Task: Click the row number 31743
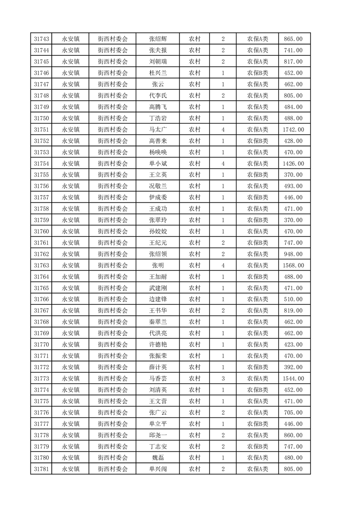pos(41,39)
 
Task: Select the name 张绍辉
pos(158,39)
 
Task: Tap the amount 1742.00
pos(293,129)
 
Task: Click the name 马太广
pos(158,129)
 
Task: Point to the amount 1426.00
pos(293,163)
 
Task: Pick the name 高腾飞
pos(158,107)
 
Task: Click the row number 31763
pos(41,265)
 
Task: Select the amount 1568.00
pos(293,265)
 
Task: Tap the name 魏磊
pos(158,458)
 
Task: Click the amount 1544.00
pos(293,378)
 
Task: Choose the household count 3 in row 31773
pos(223,378)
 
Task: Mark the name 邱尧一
pos(158,435)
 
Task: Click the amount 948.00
pos(293,254)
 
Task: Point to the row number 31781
pos(41,469)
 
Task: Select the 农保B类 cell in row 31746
pos(257,73)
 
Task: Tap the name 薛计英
pos(158,367)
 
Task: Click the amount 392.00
pos(293,367)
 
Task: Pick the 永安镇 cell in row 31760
pos(70,231)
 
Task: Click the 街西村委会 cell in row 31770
pos(113,344)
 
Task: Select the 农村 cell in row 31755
pos(195,175)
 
